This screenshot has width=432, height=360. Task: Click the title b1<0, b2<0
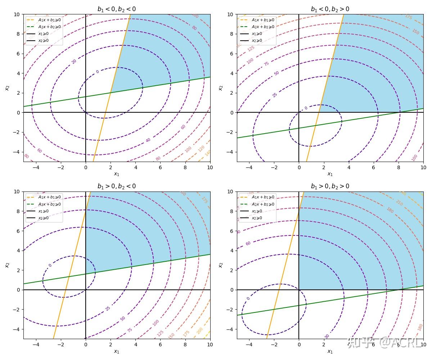[117, 9]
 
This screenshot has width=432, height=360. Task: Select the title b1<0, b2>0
[330, 9]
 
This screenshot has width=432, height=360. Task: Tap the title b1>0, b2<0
[117, 186]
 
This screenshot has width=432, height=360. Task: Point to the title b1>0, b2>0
[330, 186]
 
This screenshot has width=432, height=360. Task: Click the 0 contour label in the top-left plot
[97, 72]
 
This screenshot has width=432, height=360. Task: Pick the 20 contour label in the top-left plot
[74, 61]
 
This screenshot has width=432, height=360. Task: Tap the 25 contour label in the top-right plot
[275, 95]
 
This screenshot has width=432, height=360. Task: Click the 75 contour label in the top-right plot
[266, 64]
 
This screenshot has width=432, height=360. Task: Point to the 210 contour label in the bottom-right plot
[399, 203]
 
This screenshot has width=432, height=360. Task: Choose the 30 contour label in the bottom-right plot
[327, 336]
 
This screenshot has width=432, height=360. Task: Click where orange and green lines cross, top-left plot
[110, 93]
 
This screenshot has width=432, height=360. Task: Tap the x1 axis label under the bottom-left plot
[117, 351]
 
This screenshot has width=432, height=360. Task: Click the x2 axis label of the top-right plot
[220, 88]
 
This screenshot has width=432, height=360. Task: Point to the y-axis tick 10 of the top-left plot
[17, 14]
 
